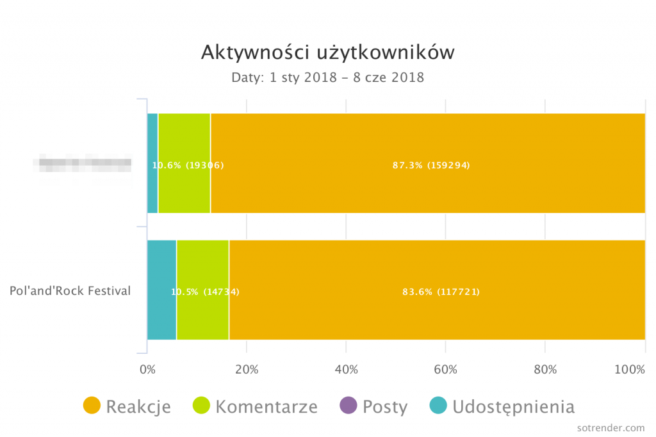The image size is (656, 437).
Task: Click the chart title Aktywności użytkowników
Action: coord(328,52)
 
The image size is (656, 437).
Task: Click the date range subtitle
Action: coord(328,78)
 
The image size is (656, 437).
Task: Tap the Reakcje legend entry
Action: coord(127,406)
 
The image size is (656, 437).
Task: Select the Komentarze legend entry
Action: coord(255,406)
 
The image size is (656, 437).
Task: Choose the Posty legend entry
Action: coord(373,406)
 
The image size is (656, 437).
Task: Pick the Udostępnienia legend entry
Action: coord(502,406)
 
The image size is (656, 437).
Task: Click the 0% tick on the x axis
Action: coord(147,369)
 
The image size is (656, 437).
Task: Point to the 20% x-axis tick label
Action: coord(247,369)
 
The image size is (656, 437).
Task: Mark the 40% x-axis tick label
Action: coord(346,369)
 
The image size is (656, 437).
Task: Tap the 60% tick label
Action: coord(445,369)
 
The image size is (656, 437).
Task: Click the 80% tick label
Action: coord(545,369)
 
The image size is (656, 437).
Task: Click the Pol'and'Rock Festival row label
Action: coord(70,291)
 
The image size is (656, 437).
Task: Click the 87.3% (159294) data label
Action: coord(431,165)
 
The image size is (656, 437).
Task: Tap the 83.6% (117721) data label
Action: coord(441,292)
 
